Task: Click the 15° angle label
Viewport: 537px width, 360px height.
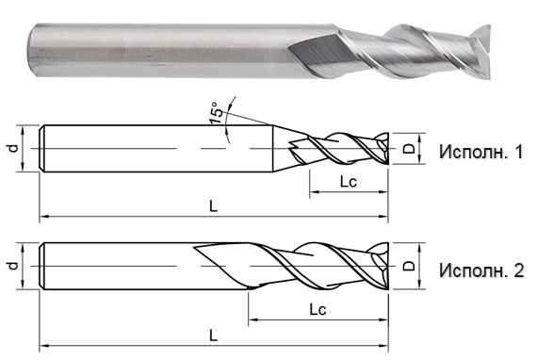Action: (218, 113)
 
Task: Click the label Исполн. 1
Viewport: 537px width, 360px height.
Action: (480, 151)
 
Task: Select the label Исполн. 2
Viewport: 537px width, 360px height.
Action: (480, 271)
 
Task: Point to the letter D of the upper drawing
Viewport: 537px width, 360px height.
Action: (408, 148)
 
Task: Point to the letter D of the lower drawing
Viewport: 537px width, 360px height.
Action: (408, 268)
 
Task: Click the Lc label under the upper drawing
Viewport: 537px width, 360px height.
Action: (346, 181)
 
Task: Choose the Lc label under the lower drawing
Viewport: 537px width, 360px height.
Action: (317, 308)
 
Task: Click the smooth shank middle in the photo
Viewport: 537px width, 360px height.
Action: (160, 43)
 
